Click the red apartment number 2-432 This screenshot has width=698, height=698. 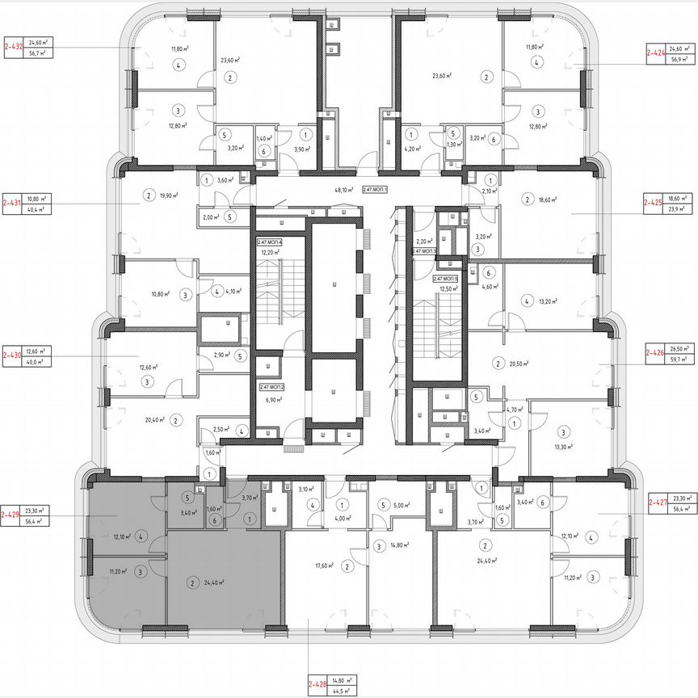(14, 47)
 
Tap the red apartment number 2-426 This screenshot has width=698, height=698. (654, 353)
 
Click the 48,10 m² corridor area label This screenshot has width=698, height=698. (344, 191)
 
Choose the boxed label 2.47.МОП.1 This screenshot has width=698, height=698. (376, 189)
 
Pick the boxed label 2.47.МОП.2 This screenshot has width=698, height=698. (271, 388)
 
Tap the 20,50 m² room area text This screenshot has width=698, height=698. (517, 364)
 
